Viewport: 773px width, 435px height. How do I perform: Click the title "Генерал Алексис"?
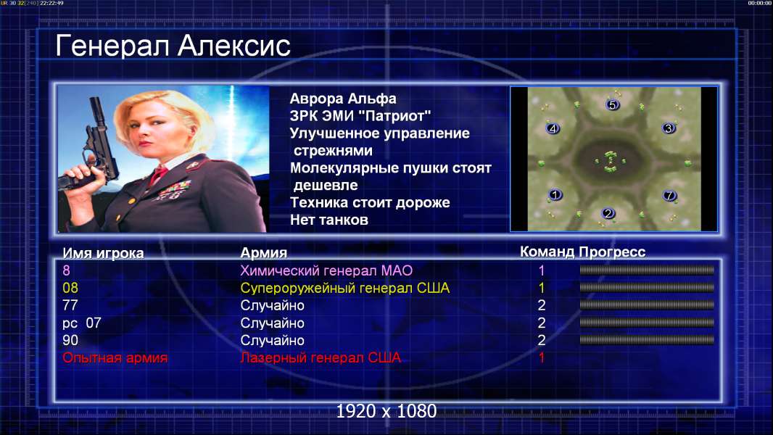click(173, 46)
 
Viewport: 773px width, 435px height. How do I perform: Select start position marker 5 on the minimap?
click(612, 104)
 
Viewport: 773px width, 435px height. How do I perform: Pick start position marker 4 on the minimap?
click(553, 128)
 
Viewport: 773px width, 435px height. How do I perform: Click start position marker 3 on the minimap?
click(669, 128)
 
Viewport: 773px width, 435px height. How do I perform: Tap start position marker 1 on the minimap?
click(555, 194)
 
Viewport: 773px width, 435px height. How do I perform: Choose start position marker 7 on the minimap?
click(669, 195)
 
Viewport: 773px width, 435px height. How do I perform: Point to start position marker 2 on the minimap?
click(608, 213)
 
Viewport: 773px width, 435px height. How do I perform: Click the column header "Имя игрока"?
click(103, 253)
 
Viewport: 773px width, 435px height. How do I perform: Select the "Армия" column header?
click(264, 253)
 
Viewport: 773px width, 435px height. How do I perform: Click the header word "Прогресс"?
click(612, 252)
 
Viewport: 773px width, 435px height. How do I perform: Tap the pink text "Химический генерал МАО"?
click(326, 270)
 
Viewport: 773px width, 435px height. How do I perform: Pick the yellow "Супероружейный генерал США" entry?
click(345, 288)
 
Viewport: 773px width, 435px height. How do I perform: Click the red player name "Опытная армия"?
click(115, 357)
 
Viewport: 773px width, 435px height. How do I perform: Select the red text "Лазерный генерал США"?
click(321, 357)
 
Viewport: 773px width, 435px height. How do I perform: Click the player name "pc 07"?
click(82, 323)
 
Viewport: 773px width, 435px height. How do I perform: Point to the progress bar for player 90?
click(647, 340)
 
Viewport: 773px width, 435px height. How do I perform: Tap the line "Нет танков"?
click(329, 220)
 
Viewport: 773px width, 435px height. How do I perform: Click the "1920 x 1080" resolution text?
click(386, 411)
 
